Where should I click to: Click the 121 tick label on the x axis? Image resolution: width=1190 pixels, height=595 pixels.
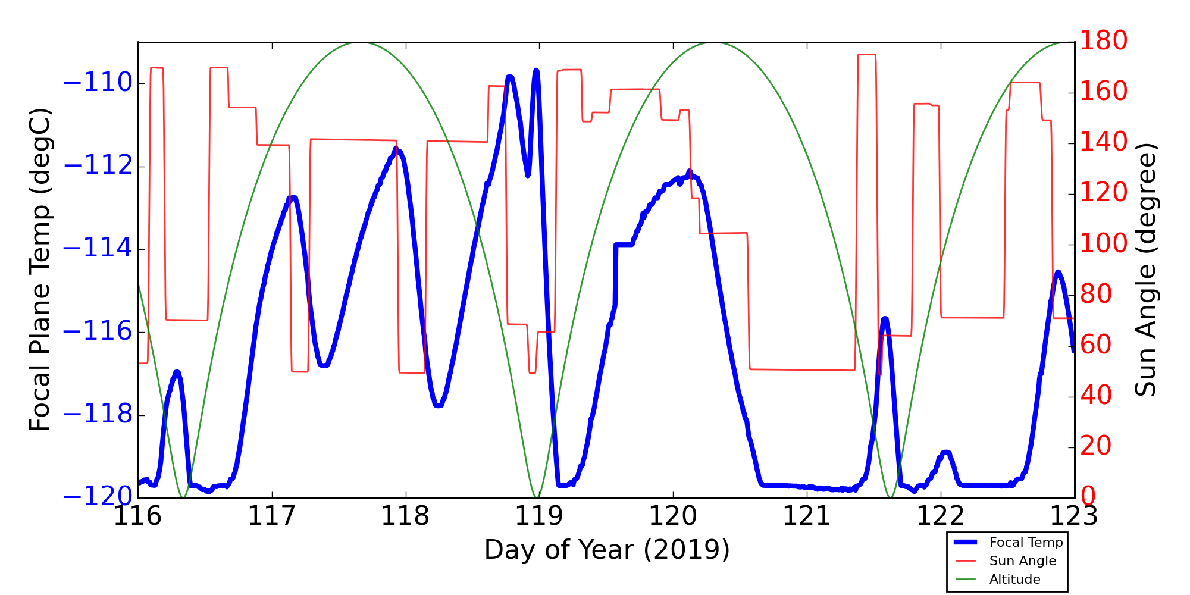point(807,516)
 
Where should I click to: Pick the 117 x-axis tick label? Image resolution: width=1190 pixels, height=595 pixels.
point(272,516)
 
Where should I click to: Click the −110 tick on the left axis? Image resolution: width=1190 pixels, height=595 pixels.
point(98,83)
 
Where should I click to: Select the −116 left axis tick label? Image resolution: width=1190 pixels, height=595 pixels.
point(98,332)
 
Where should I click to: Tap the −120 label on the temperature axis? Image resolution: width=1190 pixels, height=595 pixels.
point(98,497)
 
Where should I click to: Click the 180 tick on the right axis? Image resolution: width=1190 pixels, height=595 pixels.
point(1103,41)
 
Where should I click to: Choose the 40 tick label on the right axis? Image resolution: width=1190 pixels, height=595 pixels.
point(1095,396)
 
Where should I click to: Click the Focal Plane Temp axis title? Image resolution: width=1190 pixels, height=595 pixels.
point(40,270)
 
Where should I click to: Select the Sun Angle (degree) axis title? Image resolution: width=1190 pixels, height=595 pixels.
point(1146,270)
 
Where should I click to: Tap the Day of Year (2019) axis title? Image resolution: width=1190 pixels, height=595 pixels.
point(606,550)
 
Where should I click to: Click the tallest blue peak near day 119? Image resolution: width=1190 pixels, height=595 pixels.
point(536,71)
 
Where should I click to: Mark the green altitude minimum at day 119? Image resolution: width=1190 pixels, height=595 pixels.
point(537,497)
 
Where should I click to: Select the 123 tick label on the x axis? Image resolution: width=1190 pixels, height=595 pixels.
point(1074,516)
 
